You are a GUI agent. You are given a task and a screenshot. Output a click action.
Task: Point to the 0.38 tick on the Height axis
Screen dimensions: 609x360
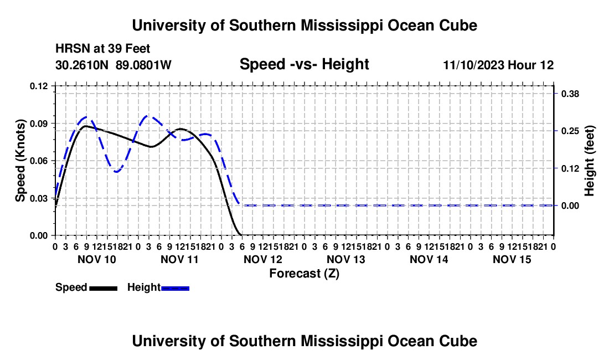click(x=570, y=94)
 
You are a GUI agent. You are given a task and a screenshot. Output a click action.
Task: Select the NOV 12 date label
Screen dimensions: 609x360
click(x=262, y=259)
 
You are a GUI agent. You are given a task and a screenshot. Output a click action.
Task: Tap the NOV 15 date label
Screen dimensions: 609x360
click(x=512, y=259)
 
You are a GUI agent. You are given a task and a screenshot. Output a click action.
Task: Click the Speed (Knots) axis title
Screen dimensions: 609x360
click(x=20, y=161)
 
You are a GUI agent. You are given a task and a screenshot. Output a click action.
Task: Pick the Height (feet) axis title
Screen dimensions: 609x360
click(x=589, y=161)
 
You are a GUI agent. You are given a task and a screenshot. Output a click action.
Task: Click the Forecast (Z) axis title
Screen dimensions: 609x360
click(x=304, y=274)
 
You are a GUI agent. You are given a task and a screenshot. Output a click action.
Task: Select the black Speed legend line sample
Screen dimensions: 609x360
click(x=104, y=288)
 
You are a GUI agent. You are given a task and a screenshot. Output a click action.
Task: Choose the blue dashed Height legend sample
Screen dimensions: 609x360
click(x=175, y=288)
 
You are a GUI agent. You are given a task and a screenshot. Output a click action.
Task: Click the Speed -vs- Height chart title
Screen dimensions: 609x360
click(x=304, y=64)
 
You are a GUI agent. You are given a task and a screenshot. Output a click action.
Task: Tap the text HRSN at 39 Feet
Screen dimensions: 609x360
click(x=102, y=49)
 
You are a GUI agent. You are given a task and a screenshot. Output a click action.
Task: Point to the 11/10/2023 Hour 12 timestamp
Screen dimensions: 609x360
click(x=498, y=65)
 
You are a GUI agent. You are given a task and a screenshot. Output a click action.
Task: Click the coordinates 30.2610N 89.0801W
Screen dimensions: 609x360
click(x=113, y=65)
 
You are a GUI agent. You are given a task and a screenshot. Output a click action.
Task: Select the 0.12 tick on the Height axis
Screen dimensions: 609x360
click(x=570, y=168)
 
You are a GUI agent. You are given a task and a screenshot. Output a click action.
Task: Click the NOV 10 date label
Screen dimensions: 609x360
click(x=97, y=259)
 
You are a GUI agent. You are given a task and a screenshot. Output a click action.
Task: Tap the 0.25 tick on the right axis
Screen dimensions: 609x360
click(x=570, y=131)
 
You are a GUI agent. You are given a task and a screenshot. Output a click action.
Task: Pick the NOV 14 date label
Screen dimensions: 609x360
click(x=429, y=259)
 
